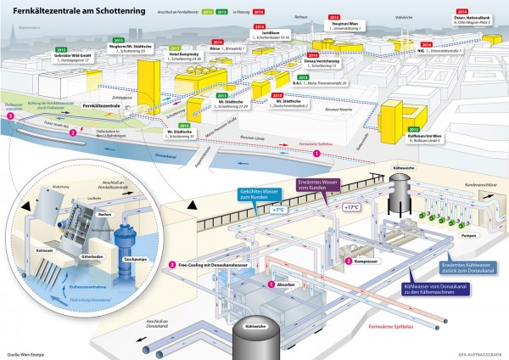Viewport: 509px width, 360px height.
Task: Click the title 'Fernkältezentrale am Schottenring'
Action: click(x=64, y=10)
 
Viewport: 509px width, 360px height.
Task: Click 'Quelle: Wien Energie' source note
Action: click(x=28, y=352)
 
